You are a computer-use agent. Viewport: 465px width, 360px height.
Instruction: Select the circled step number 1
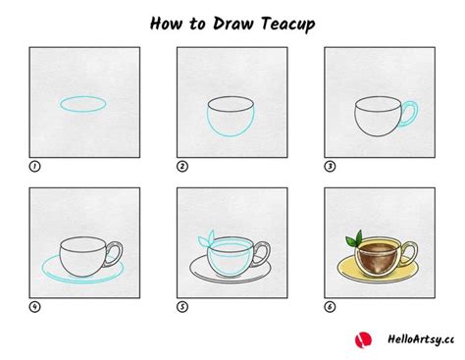point(35,167)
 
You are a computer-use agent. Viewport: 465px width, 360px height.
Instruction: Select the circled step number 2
point(182,167)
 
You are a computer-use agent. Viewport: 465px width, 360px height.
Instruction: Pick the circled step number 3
point(330,167)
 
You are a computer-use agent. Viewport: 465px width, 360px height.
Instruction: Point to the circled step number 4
point(35,307)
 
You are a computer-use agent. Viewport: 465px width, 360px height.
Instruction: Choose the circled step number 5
point(182,307)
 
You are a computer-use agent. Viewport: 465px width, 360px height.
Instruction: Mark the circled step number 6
point(330,307)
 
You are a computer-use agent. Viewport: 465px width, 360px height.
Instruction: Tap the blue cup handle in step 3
point(409,114)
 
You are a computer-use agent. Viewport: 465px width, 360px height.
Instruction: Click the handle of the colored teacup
point(409,256)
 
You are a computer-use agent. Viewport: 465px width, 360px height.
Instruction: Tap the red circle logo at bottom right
point(364,338)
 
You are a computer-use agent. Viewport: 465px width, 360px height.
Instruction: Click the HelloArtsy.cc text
point(416,339)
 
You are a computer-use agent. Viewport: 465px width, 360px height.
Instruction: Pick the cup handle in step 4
point(115,256)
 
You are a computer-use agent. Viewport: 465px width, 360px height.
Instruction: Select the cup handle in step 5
point(262,256)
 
